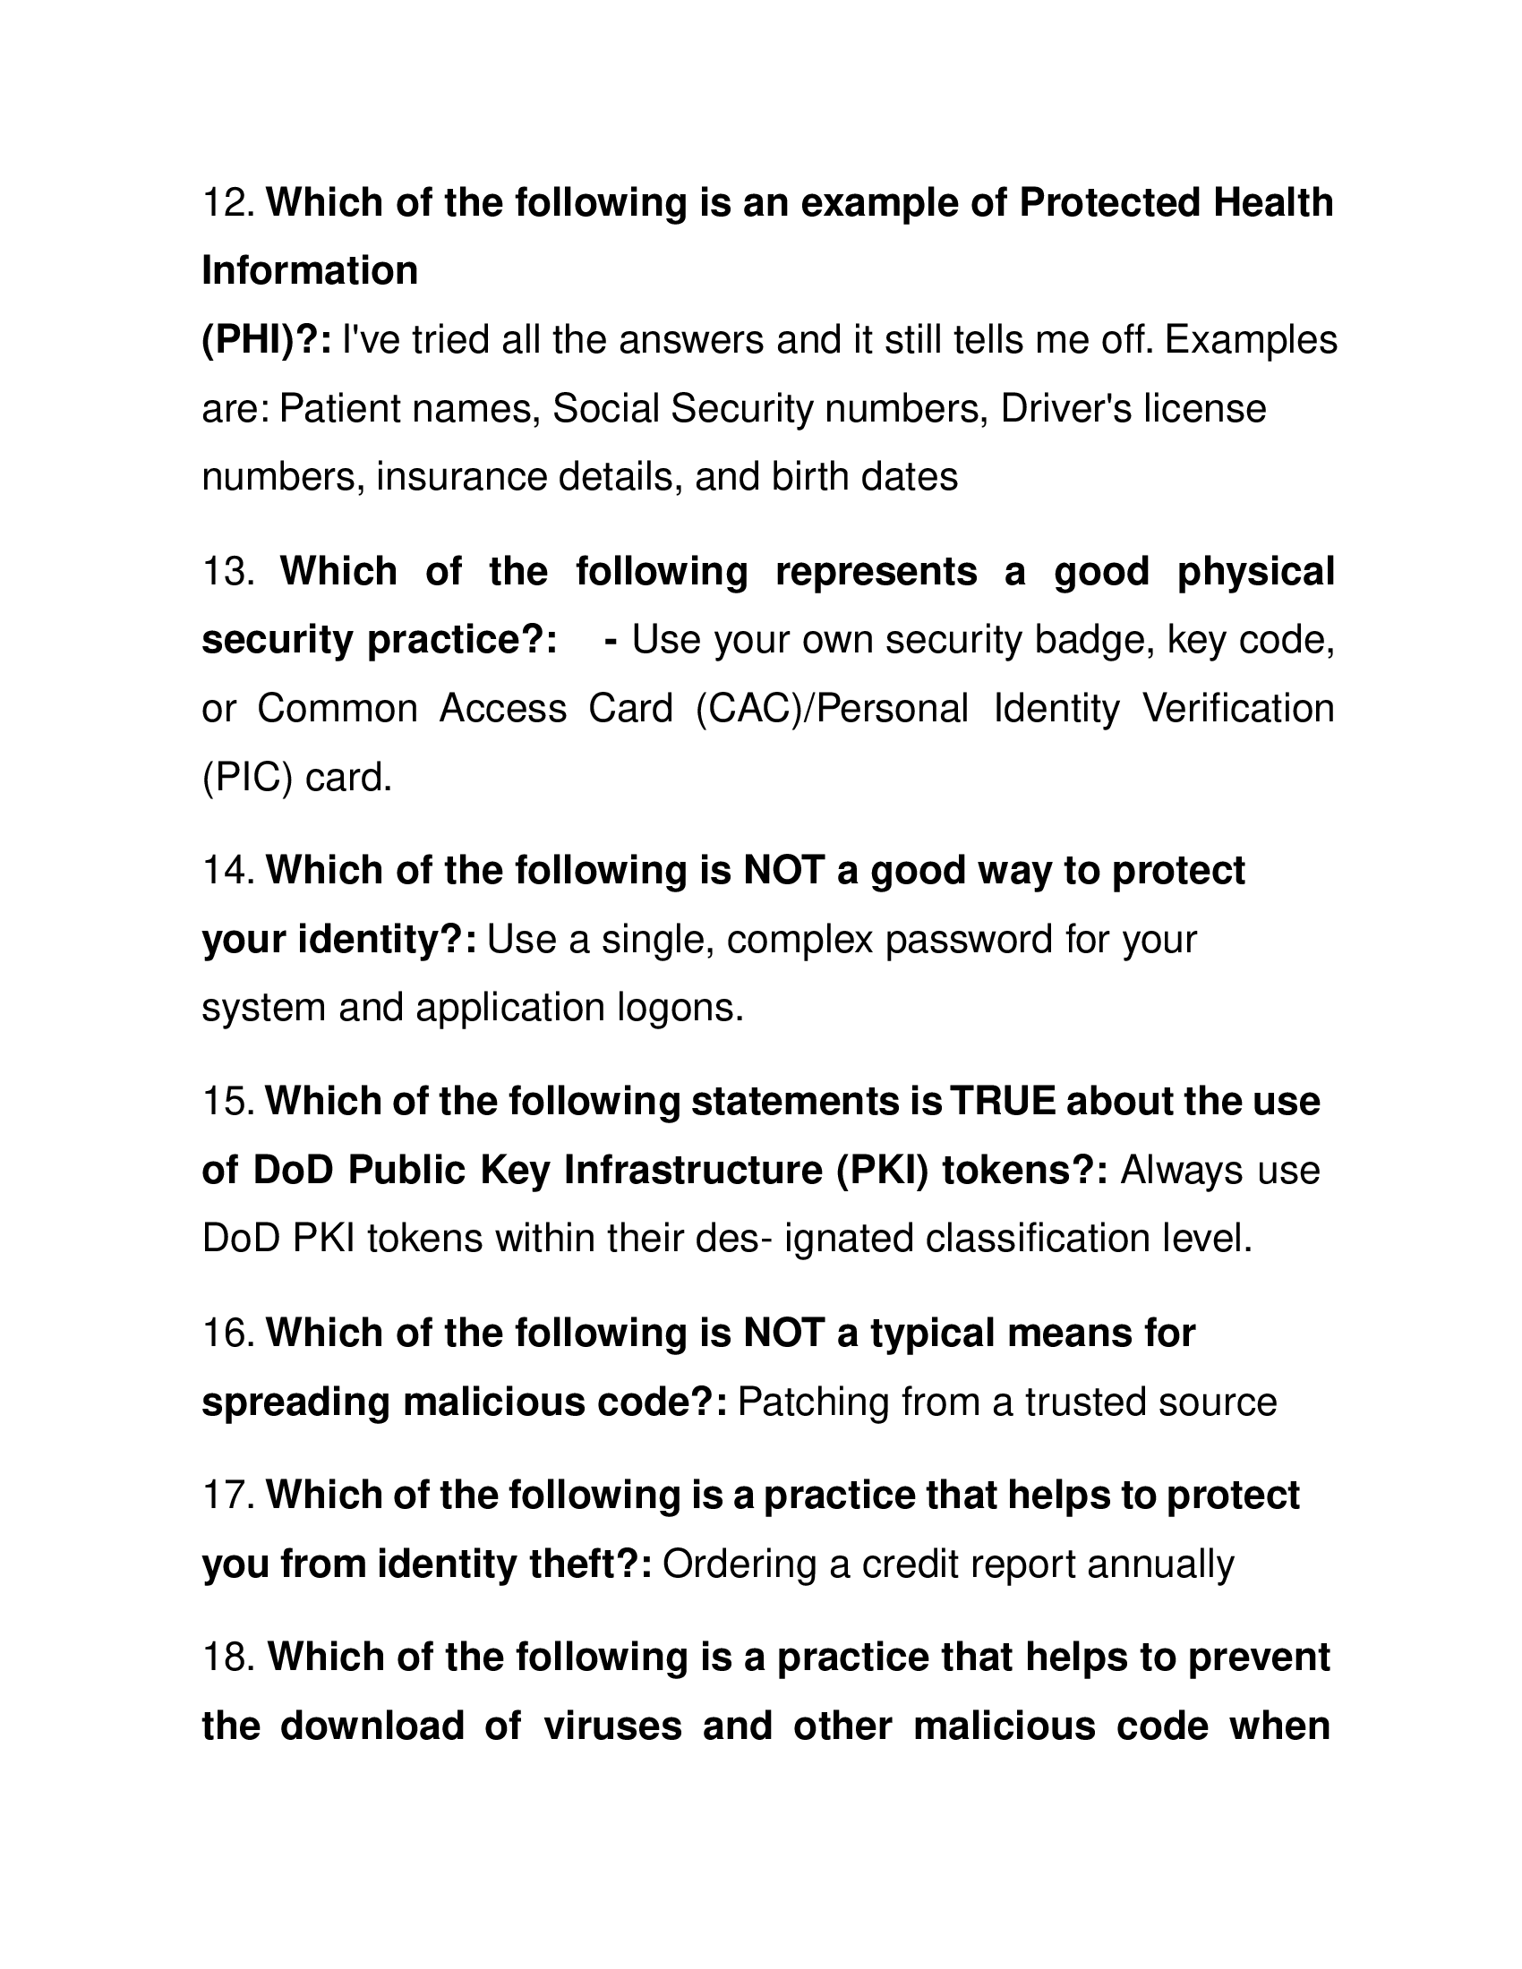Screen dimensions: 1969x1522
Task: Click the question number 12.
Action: click(229, 203)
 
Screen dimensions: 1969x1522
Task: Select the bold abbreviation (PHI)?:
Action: click(266, 340)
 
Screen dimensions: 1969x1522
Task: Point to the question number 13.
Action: click(229, 572)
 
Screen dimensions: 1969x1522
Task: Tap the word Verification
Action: click(1238, 709)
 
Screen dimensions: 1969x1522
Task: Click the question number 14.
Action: click(229, 871)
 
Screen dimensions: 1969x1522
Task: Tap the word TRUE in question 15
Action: click(1003, 1102)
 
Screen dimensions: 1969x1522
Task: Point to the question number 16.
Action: click(229, 1333)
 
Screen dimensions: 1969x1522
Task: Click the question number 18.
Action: click(229, 1657)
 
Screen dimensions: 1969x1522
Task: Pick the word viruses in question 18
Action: click(612, 1726)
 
